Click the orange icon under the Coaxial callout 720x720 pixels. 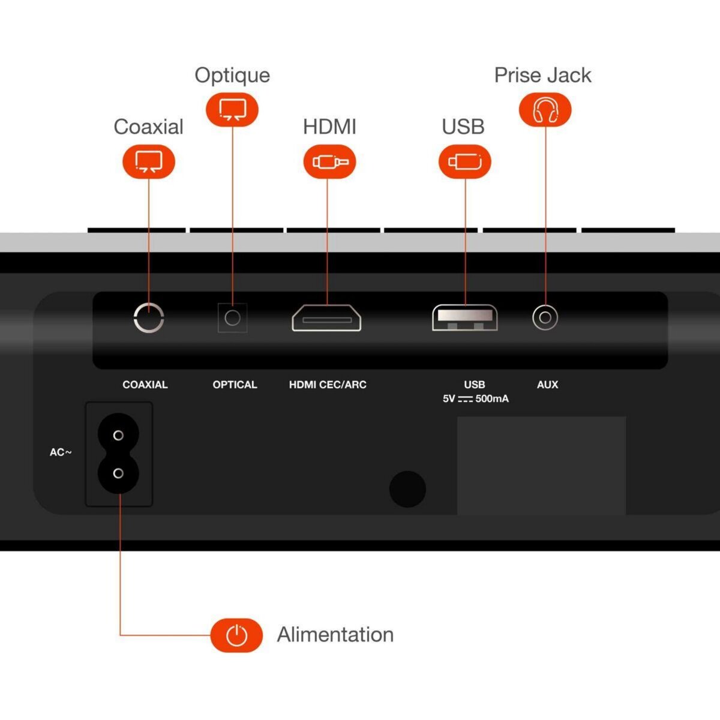point(149,161)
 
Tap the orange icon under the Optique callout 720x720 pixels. point(232,109)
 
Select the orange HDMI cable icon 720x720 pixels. point(329,161)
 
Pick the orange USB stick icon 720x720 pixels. point(465,161)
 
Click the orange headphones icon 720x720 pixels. point(545,109)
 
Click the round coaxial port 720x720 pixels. point(149,318)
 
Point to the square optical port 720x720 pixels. point(232,318)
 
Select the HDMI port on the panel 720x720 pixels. point(326,318)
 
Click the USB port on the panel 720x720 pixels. point(465,318)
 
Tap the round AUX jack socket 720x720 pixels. point(545,317)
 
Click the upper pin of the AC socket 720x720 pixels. point(118,435)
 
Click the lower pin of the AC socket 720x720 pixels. point(118,473)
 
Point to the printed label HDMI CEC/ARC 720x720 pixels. point(328,385)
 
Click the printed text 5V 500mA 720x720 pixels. point(476,398)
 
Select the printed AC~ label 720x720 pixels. point(61,452)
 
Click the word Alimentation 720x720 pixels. point(335,635)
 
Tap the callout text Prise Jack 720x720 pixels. point(542,75)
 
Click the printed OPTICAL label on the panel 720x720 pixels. point(235,385)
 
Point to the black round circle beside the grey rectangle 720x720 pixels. point(407,489)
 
